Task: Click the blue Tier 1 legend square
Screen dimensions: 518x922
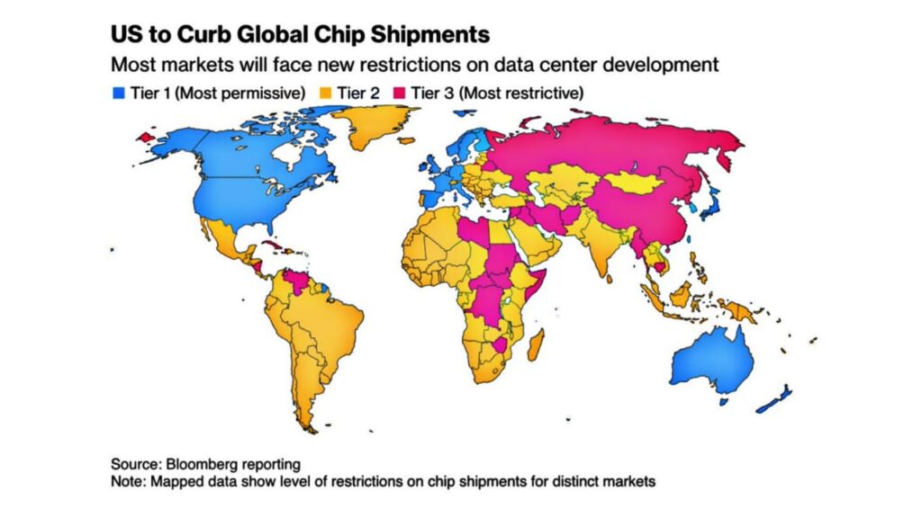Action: [x=116, y=93]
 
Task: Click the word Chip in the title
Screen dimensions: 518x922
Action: [x=323, y=34]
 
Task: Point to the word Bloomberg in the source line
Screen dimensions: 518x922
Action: [x=201, y=464]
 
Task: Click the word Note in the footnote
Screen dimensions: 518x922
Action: [x=128, y=482]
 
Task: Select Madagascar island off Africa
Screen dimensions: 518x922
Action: [x=537, y=344]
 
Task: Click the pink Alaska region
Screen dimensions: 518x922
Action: [x=145, y=137]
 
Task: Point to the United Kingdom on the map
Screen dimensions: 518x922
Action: [x=431, y=170]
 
